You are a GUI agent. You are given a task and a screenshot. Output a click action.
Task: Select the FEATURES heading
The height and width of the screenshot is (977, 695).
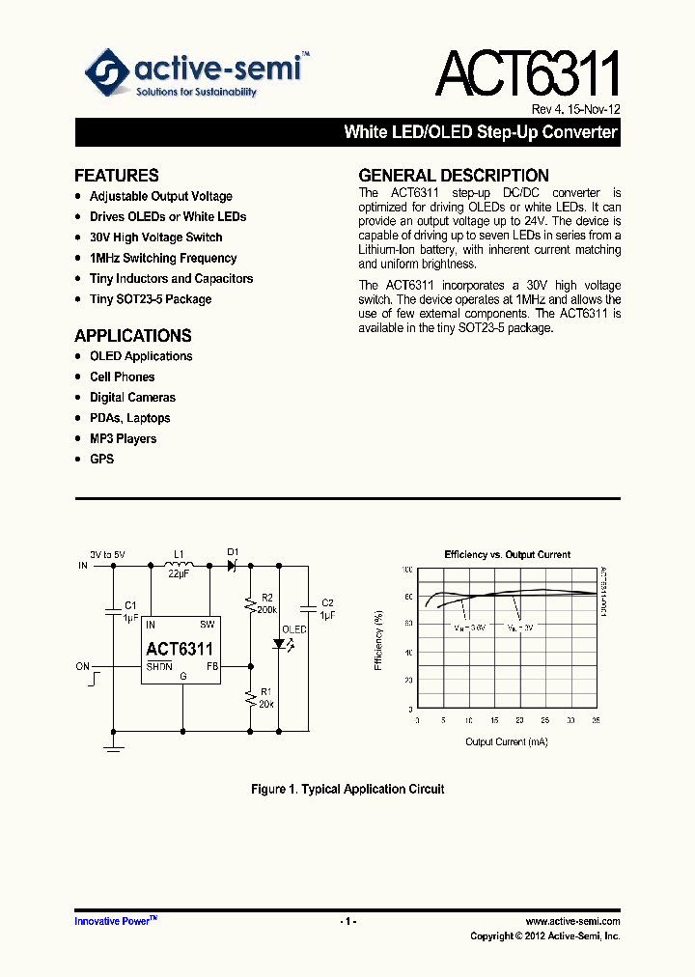pos(117,176)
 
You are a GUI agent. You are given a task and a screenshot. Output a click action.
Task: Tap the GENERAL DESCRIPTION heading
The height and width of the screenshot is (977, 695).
pos(454,176)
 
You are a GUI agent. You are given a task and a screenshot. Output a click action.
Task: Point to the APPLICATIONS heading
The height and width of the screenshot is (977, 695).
pos(133,336)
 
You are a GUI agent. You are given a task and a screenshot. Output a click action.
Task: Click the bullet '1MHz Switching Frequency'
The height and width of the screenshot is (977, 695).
pos(163,258)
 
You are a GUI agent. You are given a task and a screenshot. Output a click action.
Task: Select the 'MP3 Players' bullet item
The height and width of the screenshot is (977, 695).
pos(123,438)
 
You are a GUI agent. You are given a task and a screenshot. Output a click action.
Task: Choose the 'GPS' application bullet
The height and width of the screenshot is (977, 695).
pos(101,459)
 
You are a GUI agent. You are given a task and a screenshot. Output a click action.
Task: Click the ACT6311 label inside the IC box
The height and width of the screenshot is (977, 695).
pos(180,649)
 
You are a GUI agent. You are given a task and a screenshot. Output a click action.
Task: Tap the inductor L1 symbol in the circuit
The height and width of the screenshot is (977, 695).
pos(180,565)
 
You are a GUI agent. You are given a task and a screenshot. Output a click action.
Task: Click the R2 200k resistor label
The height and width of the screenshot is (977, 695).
pos(267,603)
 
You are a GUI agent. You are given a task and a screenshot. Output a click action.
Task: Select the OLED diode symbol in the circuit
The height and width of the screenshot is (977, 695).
pos(281,645)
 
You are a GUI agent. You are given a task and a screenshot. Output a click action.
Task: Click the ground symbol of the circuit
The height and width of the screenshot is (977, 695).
pos(114,744)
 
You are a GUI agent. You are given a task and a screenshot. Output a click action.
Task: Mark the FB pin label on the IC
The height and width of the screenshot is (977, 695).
pos(211,666)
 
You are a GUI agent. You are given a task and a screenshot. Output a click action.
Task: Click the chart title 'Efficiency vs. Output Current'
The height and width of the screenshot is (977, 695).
pos(507,555)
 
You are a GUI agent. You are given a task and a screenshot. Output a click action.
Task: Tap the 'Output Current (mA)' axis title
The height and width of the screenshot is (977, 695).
pos(507,741)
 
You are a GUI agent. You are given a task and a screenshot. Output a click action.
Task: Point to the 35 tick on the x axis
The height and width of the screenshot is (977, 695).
pos(596,721)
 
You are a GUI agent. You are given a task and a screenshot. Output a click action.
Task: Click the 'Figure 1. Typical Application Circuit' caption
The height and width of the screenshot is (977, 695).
pos(347,790)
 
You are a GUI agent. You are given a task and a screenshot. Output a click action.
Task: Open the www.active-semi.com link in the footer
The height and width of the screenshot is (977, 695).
pos(572,922)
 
